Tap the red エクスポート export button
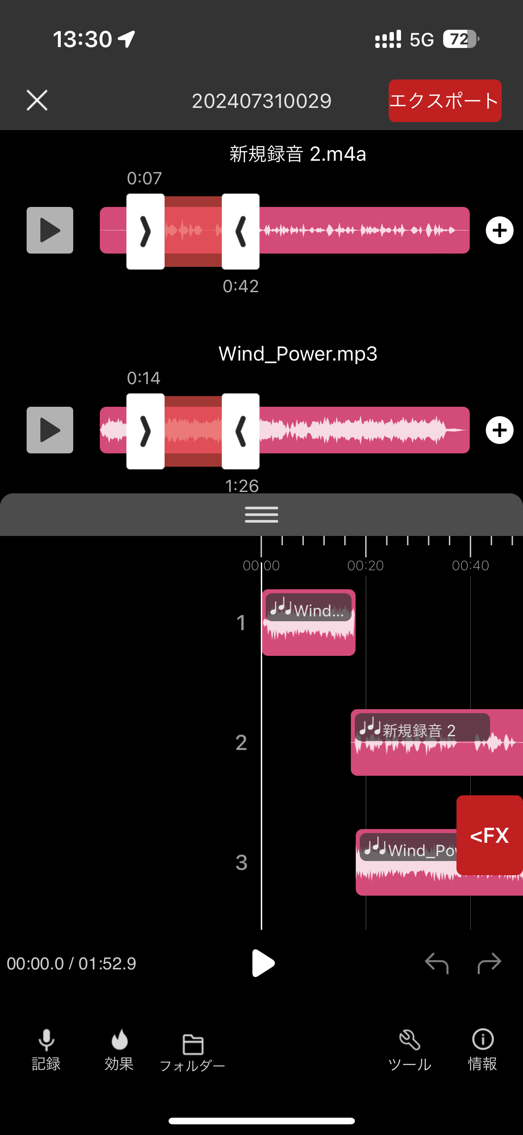444,101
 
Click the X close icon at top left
37,100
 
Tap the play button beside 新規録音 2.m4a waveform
50,230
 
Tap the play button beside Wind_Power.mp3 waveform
50,430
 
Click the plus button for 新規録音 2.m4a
499,230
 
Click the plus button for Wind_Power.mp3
499,430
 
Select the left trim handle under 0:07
145,231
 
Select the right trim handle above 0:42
240,231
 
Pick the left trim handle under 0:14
145,431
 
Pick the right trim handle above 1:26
240,431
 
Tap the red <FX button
489,835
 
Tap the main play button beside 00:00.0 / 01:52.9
263,963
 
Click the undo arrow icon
436,963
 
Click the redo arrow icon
489,963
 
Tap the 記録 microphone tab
46,1050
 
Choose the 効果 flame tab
119,1050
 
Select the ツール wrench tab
409,1050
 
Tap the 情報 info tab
483,1050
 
